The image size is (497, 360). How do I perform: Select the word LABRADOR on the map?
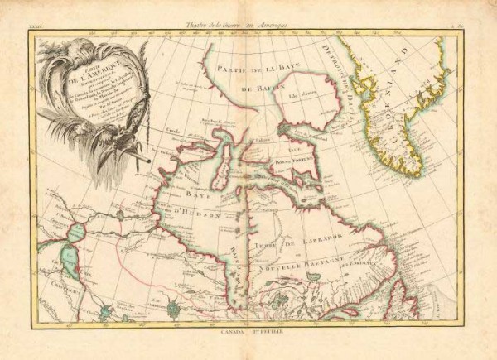click(x=316, y=238)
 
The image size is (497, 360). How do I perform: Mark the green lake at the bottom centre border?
click(x=174, y=309)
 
